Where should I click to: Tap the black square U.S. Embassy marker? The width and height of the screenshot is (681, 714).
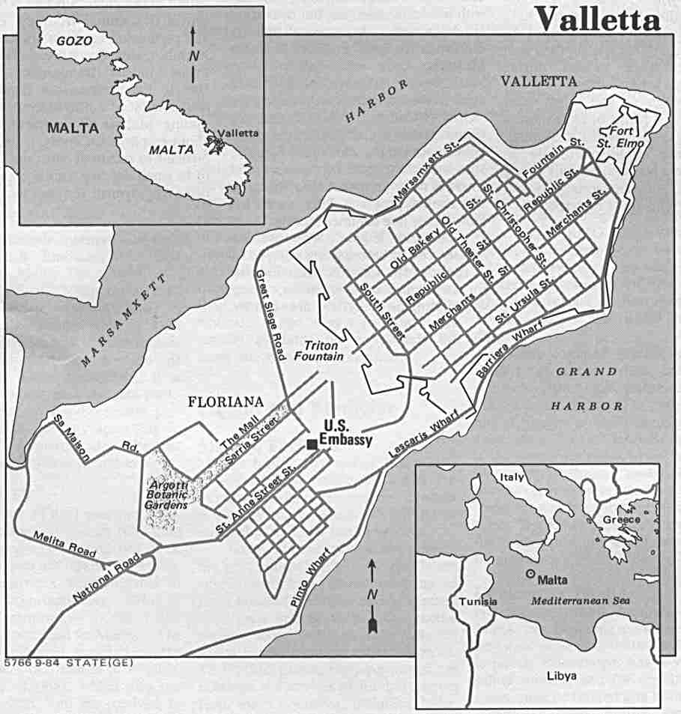coord(311,444)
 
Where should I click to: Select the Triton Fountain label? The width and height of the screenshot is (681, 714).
coord(324,351)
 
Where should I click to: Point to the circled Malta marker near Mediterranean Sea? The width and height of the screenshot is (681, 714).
coord(531,574)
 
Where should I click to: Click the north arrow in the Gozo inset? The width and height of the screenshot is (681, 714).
coord(194,52)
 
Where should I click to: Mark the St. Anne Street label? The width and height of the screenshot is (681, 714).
coord(253,496)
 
